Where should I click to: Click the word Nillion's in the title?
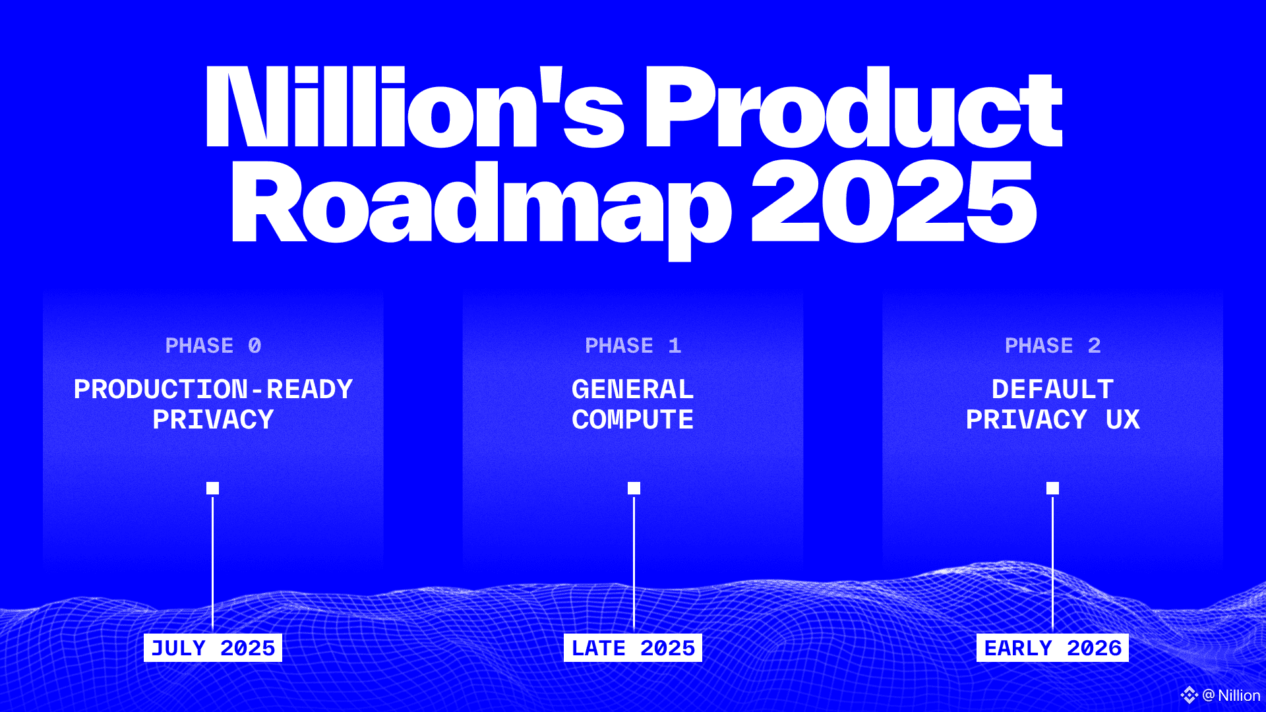tap(415, 107)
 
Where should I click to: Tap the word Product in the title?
tap(853, 107)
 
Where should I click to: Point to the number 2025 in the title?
tap(893, 202)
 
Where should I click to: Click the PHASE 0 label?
tap(213, 345)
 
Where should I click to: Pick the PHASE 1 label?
tap(633, 345)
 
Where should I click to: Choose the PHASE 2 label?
tap(1053, 345)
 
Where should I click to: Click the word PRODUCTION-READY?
tap(213, 389)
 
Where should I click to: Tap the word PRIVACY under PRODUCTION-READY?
tap(213, 419)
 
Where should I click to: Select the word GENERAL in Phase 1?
tap(633, 389)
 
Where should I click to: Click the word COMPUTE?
tap(633, 419)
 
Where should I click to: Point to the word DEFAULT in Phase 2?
tap(1053, 389)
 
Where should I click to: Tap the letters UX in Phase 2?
tap(1123, 419)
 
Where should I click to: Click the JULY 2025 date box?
tap(213, 647)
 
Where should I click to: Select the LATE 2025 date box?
tap(633, 647)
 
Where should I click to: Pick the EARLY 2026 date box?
tap(1052, 647)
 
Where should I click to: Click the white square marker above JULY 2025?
tap(212, 488)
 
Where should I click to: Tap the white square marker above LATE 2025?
tap(634, 488)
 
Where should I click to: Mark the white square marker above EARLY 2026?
tap(1052, 488)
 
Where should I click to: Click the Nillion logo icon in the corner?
tap(1189, 695)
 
